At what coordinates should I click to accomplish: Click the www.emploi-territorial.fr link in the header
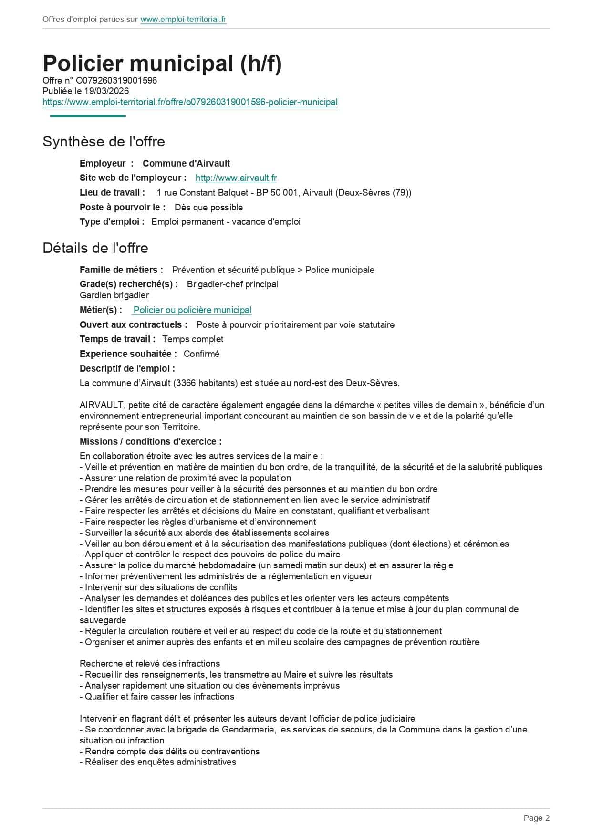tap(183, 20)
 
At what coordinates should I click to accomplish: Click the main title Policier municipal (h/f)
tap(162, 63)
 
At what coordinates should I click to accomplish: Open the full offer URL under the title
tap(190, 102)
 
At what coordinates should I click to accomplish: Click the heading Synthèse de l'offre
tap(104, 142)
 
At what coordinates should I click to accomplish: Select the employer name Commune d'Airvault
tap(186, 163)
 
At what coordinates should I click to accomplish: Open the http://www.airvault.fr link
tap(236, 178)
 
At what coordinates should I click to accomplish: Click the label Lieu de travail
tap(112, 193)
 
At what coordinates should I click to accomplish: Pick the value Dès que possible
tap(208, 208)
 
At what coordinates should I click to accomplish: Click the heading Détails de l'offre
tap(95, 248)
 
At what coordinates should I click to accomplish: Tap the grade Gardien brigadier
tap(114, 295)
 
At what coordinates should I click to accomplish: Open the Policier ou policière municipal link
tap(192, 310)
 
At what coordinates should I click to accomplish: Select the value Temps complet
tap(193, 339)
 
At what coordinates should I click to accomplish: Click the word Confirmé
tap(201, 354)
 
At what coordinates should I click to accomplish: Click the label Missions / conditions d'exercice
tap(150, 442)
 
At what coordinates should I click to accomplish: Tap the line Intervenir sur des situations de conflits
tap(161, 587)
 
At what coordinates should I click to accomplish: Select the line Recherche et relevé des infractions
tap(150, 664)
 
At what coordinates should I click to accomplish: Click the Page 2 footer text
tap(536, 818)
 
